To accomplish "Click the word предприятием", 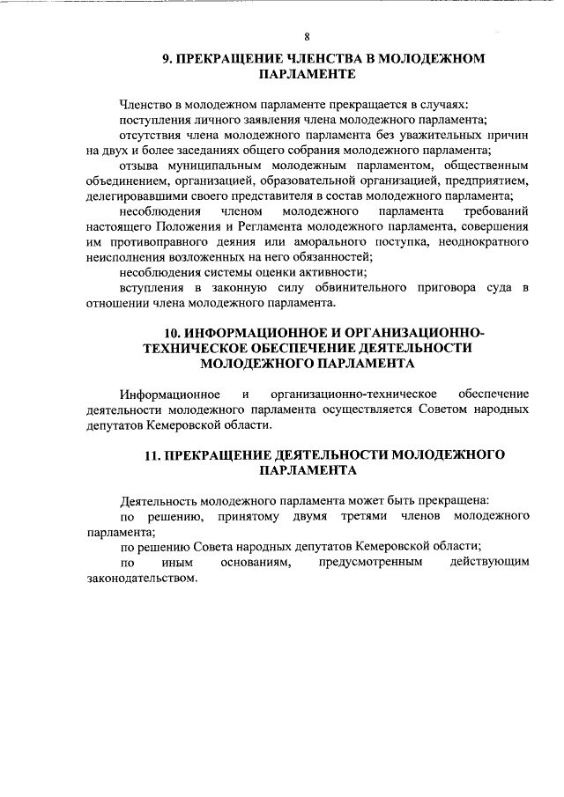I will pos(490,181).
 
